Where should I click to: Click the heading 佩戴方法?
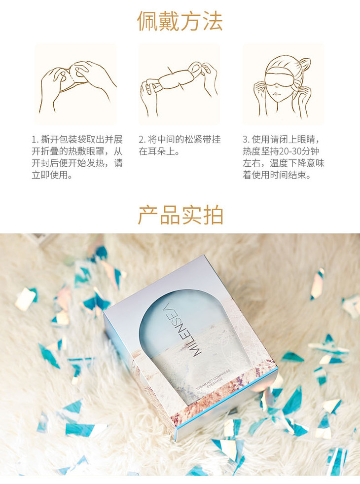point(180,21)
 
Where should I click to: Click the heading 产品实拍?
point(180,215)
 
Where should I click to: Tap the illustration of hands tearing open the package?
point(76,86)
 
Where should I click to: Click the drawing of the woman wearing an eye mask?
point(283,86)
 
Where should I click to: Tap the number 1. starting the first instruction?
point(36,140)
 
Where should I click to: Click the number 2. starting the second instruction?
point(142,140)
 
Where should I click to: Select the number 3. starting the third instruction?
point(246,140)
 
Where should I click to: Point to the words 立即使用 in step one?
point(49,175)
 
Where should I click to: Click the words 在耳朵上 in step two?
point(156,151)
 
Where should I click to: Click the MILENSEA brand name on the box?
point(182,330)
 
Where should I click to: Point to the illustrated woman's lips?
point(276,94)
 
